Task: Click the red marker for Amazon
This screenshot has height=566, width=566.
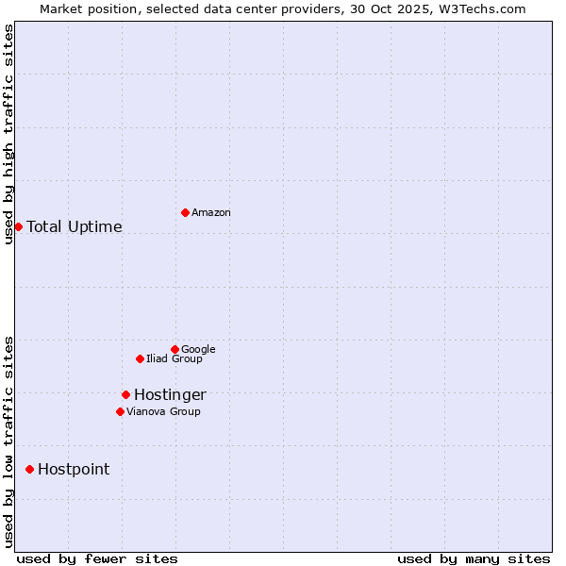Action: [x=185, y=212]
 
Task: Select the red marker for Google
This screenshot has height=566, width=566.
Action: [x=175, y=349]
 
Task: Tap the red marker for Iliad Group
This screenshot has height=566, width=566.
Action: [x=140, y=358]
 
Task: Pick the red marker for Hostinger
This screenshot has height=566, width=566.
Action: [x=125, y=394]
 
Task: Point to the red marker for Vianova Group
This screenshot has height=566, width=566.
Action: [x=120, y=411]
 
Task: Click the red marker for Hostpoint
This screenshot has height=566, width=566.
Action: [x=29, y=469]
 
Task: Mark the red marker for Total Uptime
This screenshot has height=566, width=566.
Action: [x=18, y=226]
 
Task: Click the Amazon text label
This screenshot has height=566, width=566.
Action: [x=211, y=213]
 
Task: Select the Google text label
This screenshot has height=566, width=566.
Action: [x=198, y=349]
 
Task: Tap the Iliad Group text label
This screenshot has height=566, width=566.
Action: [x=175, y=359]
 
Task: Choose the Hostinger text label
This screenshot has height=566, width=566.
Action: [x=170, y=395]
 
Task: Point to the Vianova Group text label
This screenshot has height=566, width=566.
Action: [x=163, y=411]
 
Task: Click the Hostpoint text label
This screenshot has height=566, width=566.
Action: [x=74, y=470]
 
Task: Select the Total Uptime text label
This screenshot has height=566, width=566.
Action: [x=75, y=227]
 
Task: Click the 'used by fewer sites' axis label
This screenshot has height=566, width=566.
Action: [x=97, y=558]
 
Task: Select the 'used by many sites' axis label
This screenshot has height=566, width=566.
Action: [x=474, y=558]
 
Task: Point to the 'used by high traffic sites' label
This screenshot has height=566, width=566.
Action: [x=8, y=134]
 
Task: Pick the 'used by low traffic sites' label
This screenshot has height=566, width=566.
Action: [x=8, y=441]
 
